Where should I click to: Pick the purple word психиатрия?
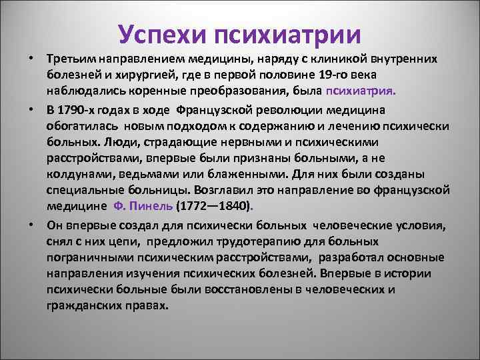pos(361,89)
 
